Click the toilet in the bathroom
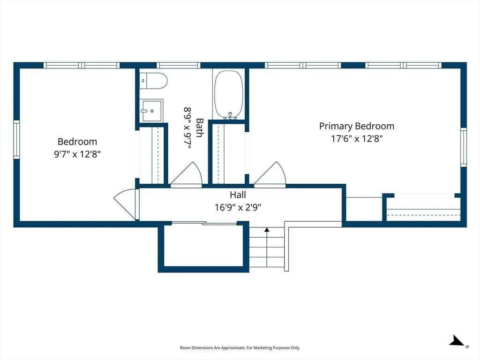(153, 81)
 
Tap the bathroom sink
(151, 111)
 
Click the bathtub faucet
(230, 116)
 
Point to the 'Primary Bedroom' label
(357, 126)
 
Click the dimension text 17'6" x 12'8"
(357, 139)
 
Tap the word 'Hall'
(238, 195)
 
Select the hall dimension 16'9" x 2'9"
(238, 208)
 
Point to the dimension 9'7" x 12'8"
(77, 154)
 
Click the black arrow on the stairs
(267, 229)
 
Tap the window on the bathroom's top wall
(179, 65)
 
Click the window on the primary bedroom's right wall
(464, 148)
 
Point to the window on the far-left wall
(16, 140)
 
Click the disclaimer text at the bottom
(240, 348)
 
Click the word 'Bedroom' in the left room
(77, 142)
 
